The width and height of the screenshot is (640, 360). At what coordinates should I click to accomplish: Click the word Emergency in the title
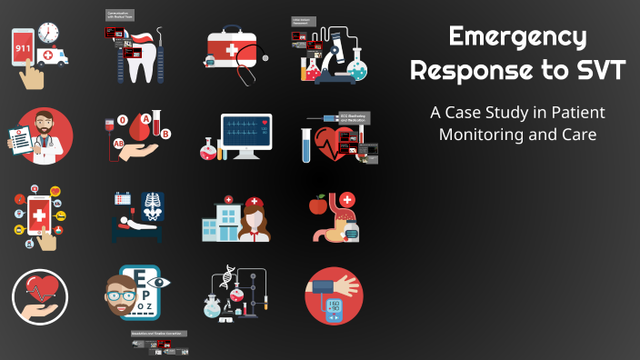(517, 37)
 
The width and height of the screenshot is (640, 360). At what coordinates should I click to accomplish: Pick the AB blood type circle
(117, 144)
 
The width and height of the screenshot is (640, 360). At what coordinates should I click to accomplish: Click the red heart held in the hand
(38, 289)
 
